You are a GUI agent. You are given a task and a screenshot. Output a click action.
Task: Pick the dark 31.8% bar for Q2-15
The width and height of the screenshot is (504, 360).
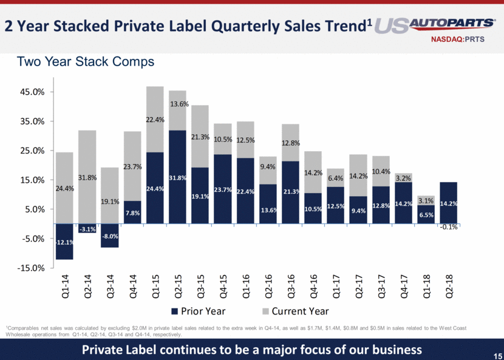tap(177, 177)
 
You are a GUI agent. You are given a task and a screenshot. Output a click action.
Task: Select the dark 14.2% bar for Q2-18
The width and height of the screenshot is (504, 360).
tap(448, 203)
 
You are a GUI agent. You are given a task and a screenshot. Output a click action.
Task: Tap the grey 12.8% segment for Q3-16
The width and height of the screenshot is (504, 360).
tap(290, 143)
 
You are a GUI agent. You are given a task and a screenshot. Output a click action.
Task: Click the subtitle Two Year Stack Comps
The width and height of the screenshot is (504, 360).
tap(86, 62)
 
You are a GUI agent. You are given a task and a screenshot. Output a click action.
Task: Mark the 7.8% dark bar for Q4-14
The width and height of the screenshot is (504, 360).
tap(132, 212)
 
